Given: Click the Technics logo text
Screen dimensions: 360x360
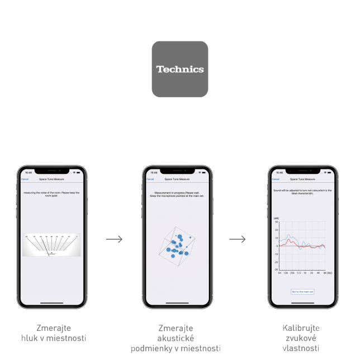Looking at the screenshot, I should [x=180, y=69].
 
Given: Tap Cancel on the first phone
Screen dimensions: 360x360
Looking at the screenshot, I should [x=25, y=179].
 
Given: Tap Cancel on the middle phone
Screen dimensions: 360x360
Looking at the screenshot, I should [x=150, y=179].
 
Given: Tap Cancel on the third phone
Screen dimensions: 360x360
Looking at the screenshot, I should [x=276, y=179].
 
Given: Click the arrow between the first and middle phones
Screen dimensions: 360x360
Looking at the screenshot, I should [x=114, y=239].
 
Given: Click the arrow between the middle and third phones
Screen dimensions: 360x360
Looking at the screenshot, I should [x=238, y=239].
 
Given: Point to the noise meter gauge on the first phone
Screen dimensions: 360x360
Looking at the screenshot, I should [x=51, y=245].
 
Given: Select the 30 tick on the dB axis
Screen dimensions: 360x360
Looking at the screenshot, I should [x=276, y=222].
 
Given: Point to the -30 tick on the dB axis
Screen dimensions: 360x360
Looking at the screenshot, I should [x=276, y=269].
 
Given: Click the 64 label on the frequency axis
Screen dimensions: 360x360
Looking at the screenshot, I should [x=280, y=273].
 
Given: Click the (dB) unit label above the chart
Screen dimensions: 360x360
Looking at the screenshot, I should [x=276, y=218].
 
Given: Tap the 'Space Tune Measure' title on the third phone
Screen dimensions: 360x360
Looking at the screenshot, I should [x=302, y=179].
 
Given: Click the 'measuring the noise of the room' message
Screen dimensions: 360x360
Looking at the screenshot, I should [x=51, y=194].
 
